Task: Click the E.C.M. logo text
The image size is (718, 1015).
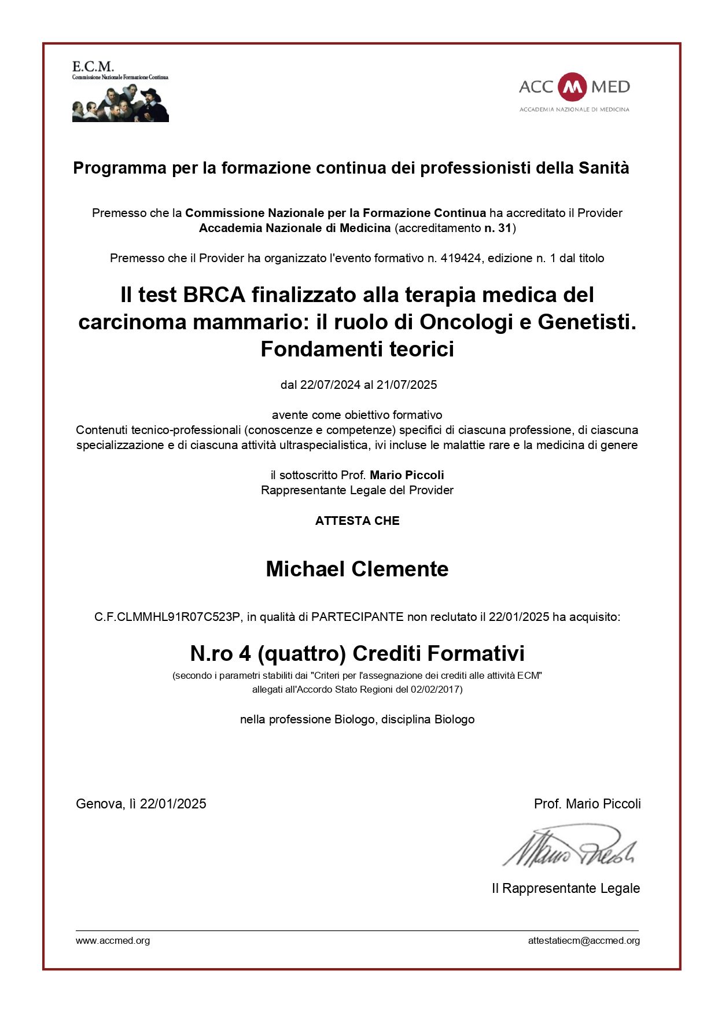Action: (x=93, y=67)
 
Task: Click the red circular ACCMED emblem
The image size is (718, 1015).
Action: (x=573, y=87)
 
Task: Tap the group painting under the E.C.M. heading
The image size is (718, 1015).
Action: (x=120, y=103)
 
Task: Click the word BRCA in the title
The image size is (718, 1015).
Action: (x=214, y=295)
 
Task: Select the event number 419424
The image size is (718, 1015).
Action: (x=461, y=258)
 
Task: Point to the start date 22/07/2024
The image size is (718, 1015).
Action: (x=330, y=385)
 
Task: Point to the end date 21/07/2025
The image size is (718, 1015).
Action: (x=407, y=385)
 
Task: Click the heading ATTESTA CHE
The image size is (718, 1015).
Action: (x=357, y=521)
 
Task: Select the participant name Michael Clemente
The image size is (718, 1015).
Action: (x=357, y=569)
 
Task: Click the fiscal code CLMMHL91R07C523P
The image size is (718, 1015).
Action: (x=178, y=617)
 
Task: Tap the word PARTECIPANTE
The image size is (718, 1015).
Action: (x=357, y=617)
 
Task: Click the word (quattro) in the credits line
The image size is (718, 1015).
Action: (x=301, y=654)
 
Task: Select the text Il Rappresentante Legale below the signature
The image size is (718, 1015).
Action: (x=565, y=889)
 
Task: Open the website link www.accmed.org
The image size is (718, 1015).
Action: (x=113, y=941)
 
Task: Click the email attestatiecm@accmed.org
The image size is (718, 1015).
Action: (x=584, y=941)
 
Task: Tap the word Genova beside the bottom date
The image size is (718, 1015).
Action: (x=98, y=804)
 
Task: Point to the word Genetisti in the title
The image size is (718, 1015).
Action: (x=587, y=322)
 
